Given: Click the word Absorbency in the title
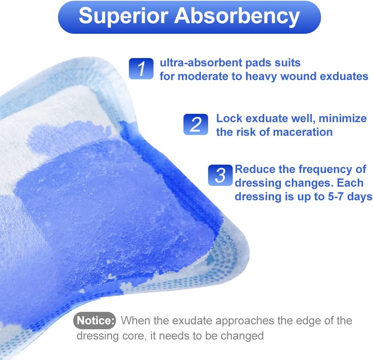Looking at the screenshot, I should [234, 16].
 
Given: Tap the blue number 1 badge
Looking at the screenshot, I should [141, 69].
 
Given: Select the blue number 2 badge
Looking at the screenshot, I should [196, 124].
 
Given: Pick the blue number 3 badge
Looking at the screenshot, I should [220, 175].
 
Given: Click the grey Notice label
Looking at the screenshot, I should [94, 321].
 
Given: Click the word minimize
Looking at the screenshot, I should [342, 118].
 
